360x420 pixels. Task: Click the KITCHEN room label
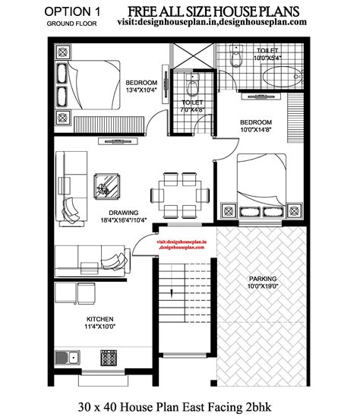tap(100, 319)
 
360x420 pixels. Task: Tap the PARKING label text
tap(262, 279)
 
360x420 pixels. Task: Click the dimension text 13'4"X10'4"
tap(141, 91)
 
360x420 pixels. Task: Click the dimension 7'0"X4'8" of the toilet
tap(191, 109)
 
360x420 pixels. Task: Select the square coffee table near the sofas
tap(106, 186)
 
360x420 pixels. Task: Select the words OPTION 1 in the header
tap(73, 11)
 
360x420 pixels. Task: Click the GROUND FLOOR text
tap(73, 24)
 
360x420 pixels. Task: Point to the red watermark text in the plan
tap(186, 244)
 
